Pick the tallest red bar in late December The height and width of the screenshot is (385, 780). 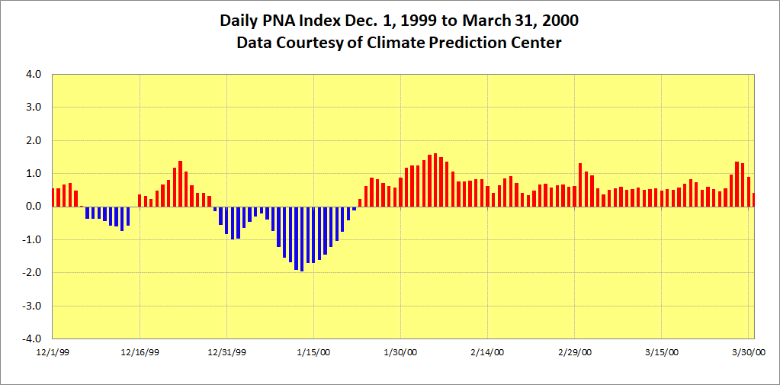pos(181,184)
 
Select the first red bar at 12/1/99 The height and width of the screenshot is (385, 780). pos(53,197)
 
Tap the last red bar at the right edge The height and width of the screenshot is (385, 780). pos(753,200)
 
